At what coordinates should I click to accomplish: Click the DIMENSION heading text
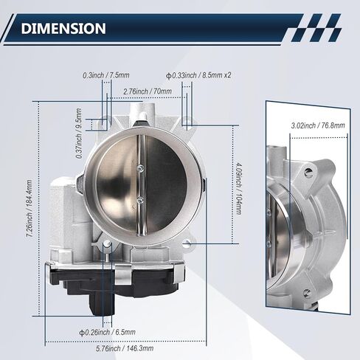coord(63,28)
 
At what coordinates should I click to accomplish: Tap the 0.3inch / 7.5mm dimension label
coord(106,75)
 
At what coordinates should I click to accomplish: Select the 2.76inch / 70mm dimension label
coord(148,91)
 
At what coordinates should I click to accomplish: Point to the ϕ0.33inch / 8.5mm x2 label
coord(198,75)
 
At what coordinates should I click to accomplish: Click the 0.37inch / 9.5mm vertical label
coord(79,133)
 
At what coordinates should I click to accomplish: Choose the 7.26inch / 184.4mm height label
coord(30,209)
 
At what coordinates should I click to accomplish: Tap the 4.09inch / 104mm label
coord(238,188)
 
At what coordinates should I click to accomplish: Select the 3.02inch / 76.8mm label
coord(318,125)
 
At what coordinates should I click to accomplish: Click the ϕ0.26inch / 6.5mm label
coord(107,333)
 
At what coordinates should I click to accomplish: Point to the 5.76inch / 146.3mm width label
coord(125,348)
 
